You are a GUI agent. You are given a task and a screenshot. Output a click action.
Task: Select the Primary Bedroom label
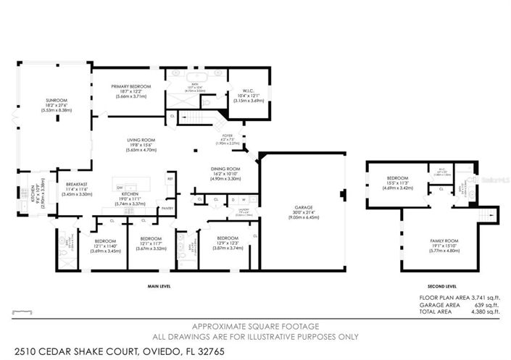(x=130, y=85)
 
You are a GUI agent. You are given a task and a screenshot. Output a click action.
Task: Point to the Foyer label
(x=228, y=134)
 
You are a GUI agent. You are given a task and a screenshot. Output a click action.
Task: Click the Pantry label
(x=167, y=208)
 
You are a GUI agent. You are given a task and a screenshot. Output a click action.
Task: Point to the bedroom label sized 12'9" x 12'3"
(x=227, y=237)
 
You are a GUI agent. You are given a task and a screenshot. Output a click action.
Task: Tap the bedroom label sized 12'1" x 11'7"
(x=150, y=238)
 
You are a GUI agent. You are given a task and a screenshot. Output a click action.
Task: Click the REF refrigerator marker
(x=170, y=178)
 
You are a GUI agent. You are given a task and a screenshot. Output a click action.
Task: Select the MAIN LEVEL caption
(x=159, y=285)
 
